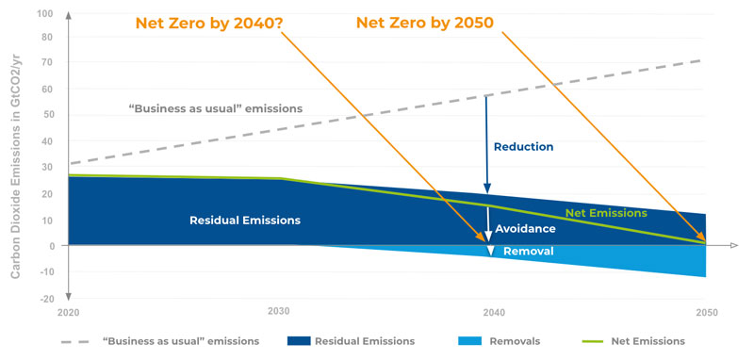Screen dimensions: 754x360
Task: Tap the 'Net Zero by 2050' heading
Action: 425,23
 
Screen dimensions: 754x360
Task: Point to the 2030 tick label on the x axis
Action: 279,311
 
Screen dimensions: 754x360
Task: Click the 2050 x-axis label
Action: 707,313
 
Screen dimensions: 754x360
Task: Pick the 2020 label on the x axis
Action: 69,313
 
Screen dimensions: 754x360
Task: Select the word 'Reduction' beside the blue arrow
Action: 524,147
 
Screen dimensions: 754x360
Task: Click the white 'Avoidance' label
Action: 525,229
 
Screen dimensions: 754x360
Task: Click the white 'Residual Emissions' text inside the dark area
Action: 245,221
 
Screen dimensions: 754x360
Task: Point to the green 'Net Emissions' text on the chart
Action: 606,213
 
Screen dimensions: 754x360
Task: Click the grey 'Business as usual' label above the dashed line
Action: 216,108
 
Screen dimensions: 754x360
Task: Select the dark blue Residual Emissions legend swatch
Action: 298,341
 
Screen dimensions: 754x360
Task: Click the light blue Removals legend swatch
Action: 469,341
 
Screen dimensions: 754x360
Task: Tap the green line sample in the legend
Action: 593,342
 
